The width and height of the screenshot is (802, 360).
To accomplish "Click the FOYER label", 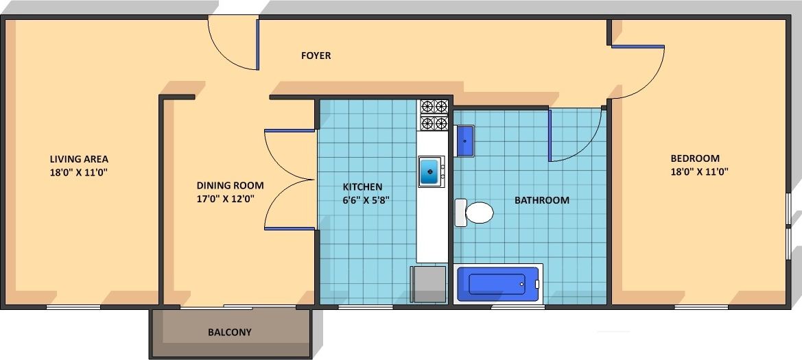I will (316, 56).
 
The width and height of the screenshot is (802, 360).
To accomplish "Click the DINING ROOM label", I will (230, 185).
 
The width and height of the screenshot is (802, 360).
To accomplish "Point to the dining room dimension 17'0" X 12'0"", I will (226, 199).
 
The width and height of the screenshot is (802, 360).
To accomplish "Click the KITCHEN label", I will (362, 187).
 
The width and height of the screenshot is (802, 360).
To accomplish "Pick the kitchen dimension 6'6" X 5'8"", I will (366, 200).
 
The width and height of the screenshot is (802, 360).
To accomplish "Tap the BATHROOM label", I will (541, 200).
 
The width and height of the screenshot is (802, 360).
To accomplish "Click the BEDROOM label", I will (694, 158).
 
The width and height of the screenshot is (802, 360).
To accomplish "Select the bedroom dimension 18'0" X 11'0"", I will (698, 172).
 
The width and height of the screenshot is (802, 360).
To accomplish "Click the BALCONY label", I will (229, 333).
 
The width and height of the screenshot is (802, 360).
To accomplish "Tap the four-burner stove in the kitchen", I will (434, 115).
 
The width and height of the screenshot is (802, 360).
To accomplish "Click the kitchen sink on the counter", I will (431, 171).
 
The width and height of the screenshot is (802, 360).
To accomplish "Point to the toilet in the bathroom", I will (475, 213).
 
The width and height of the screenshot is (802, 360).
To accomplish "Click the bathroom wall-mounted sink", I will (466, 141).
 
